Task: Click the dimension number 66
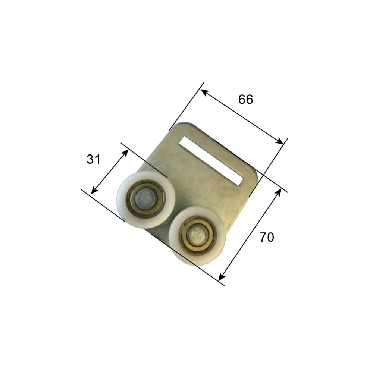coord(246,99)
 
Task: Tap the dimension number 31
coord(94,159)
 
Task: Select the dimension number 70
coord(267,237)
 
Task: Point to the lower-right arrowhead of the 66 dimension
coord(280,141)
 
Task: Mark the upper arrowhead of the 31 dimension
coord(125,152)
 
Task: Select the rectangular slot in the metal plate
coord(211,160)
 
